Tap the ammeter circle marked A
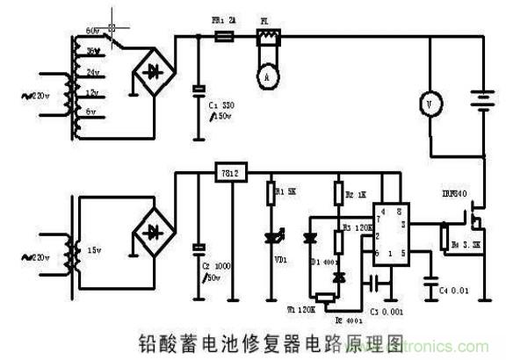click(x=263, y=76)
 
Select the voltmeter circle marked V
click(x=429, y=103)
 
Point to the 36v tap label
click(x=90, y=52)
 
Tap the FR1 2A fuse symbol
click(x=224, y=37)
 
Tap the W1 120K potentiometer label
click(x=301, y=309)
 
